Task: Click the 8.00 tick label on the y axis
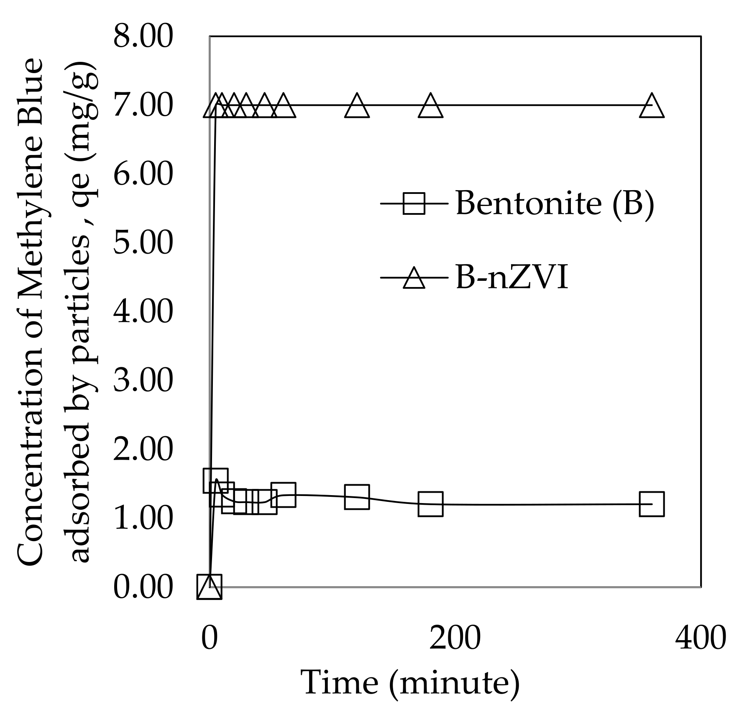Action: pyautogui.click(x=143, y=36)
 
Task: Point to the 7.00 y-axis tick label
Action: pyautogui.click(x=143, y=105)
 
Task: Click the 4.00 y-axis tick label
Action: pyautogui.click(x=143, y=312)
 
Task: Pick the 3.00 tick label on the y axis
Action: pyautogui.click(x=143, y=381)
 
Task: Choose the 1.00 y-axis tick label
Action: pyautogui.click(x=143, y=518)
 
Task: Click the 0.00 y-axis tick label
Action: pyautogui.click(x=143, y=587)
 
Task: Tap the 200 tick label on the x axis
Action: pyautogui.click(x=455, y=638)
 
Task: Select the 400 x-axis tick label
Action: pyautogui.click(x=701, y=638)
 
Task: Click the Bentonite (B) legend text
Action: pyautogui.click(x=555, y=203)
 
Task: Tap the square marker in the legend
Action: pyautogui.click(x=414, y=203)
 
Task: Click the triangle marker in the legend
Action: pyautogui.click(x=414, y=278)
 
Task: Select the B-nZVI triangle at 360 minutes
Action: pyautogui.click(x=652, y=107)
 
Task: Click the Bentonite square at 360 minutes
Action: pyautogui.click(x=652, y=504)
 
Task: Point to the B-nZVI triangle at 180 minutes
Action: pyautogui.click(x=430, y=107)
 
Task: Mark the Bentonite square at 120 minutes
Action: pyautogui.click(x=357, y=497)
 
